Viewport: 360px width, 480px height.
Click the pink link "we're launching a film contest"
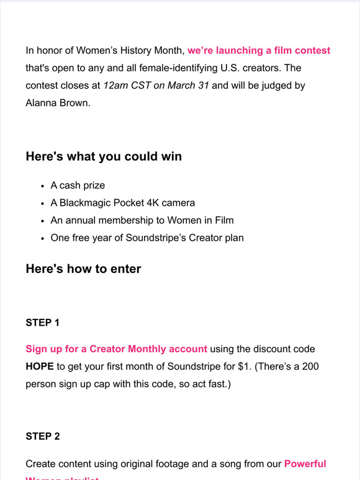pos(259,50)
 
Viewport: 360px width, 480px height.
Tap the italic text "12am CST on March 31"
pos(157,85)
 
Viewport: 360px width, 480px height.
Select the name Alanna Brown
pos(58,102)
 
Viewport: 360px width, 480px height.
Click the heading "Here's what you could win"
pos(104,156)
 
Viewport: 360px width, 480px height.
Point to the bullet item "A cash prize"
pos(78,185)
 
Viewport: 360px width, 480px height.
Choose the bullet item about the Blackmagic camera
pos(122,203)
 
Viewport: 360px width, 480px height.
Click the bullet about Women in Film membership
pos(142,220)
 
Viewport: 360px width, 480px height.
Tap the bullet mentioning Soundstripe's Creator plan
pos(147,238)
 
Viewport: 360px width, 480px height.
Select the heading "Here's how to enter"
pos(83,269)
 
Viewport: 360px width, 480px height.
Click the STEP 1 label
pos(43,322)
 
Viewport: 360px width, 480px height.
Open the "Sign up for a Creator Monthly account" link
pos(116,349)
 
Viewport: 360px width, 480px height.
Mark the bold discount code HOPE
pos(40,367)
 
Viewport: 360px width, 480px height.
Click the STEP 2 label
pos(43,436)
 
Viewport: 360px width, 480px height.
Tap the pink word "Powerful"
pos(305,463)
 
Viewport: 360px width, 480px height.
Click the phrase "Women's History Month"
pos(131,50)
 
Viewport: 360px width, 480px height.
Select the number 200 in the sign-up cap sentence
pos(310,367)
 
